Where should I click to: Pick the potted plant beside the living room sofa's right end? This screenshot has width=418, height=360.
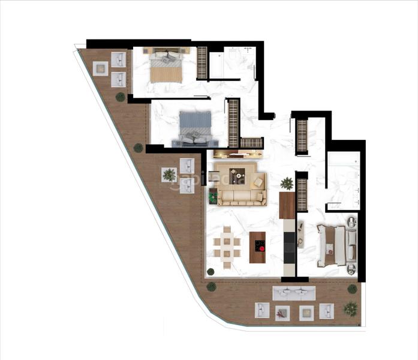point(287,183)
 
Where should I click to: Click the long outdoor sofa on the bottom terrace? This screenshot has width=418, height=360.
point(294,293)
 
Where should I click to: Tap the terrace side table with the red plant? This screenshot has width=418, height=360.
point(282,313)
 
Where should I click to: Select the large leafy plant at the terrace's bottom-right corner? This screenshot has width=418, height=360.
point(350,308)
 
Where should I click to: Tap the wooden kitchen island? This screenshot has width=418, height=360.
point(257,247)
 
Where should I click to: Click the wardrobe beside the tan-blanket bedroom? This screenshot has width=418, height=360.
point(202,62)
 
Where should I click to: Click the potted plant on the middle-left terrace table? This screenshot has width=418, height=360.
point(170,175)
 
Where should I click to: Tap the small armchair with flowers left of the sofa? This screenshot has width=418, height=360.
point(212,196)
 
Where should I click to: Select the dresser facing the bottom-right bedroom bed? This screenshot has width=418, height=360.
point(301,236)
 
